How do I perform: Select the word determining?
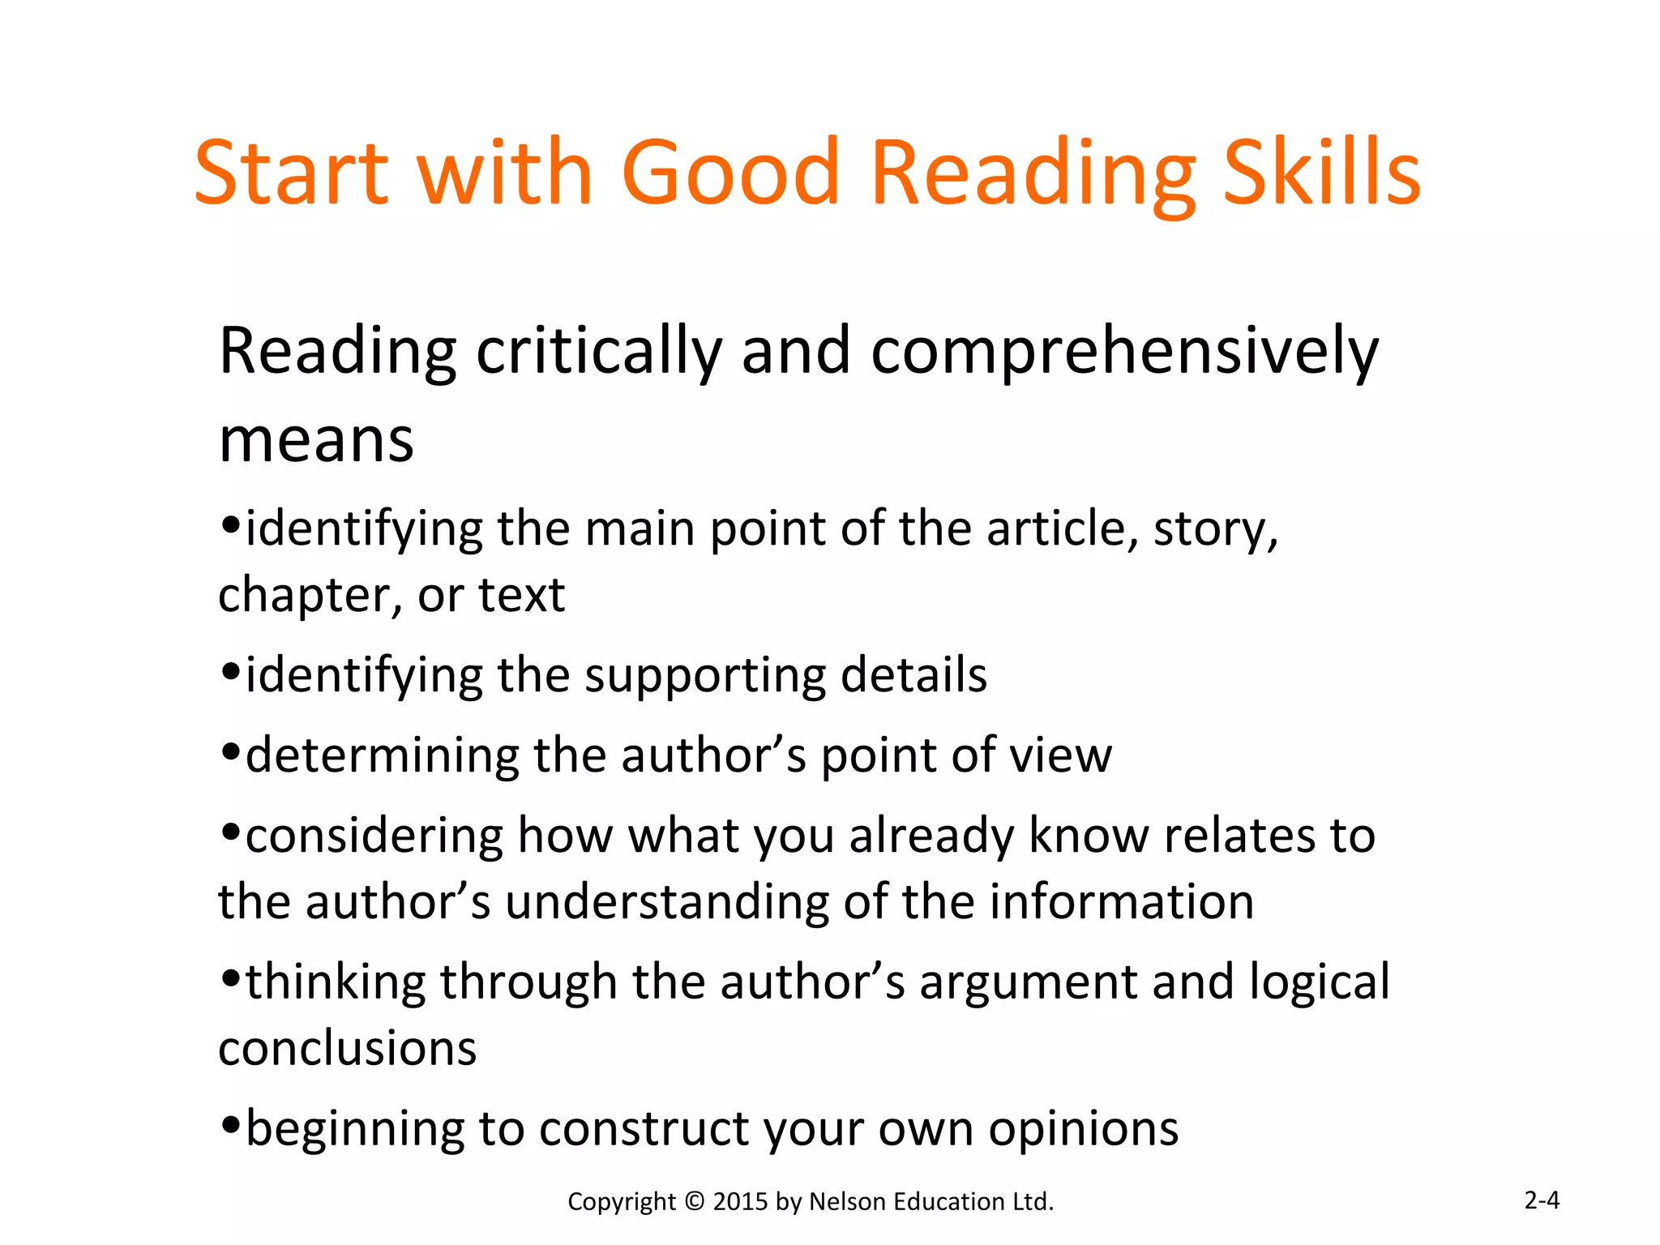point(382,757)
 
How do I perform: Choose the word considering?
point(374,837)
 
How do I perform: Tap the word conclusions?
point(347,1049)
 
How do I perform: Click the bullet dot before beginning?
point(231,1125)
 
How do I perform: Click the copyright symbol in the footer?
point(695,1201)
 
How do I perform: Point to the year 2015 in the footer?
point(740,1201)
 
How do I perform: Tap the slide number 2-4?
point(1542,1200)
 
